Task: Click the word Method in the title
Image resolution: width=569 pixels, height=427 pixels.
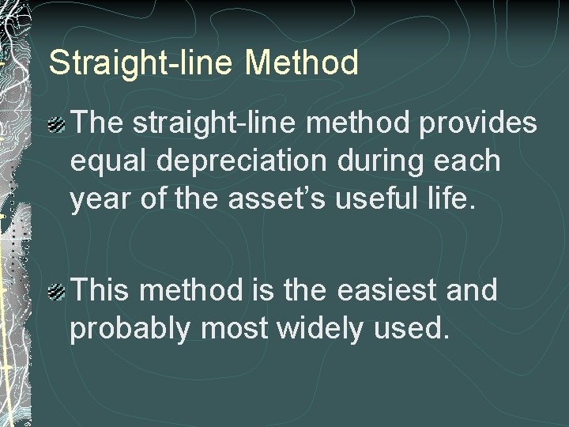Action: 302,62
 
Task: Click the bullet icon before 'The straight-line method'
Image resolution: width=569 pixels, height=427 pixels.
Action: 58,123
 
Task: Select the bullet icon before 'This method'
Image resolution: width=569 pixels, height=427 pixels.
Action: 58,293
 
